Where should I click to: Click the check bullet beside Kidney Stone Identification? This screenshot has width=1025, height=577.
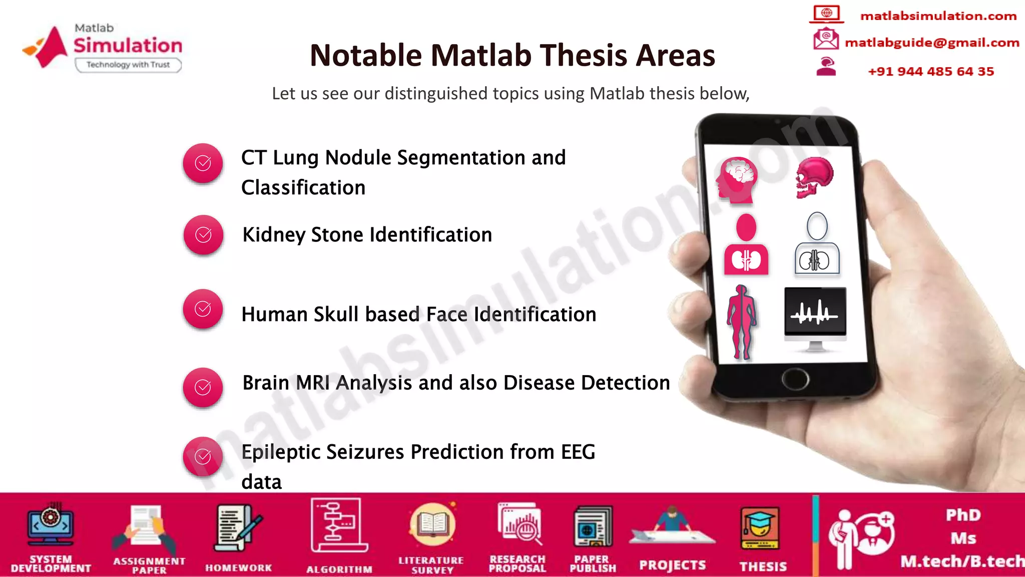point(203,235)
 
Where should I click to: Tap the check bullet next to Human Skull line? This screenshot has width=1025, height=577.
point(203,309)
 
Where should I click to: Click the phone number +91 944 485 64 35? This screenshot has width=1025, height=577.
point(930,72)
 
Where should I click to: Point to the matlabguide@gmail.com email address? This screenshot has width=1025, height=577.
point(931,43)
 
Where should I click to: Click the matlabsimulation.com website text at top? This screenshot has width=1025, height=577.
point(938,16)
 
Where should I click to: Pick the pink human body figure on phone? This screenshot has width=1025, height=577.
point(742,322)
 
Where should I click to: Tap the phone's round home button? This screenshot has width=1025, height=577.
point(795,379)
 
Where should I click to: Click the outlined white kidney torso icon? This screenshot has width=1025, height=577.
point(816,245)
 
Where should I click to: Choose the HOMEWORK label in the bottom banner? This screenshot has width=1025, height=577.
point(238,568)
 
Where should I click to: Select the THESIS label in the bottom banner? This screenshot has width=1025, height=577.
point(763,566)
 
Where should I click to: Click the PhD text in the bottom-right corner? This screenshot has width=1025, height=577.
point(963,515)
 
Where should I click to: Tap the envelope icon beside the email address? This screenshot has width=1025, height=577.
point(825,39)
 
